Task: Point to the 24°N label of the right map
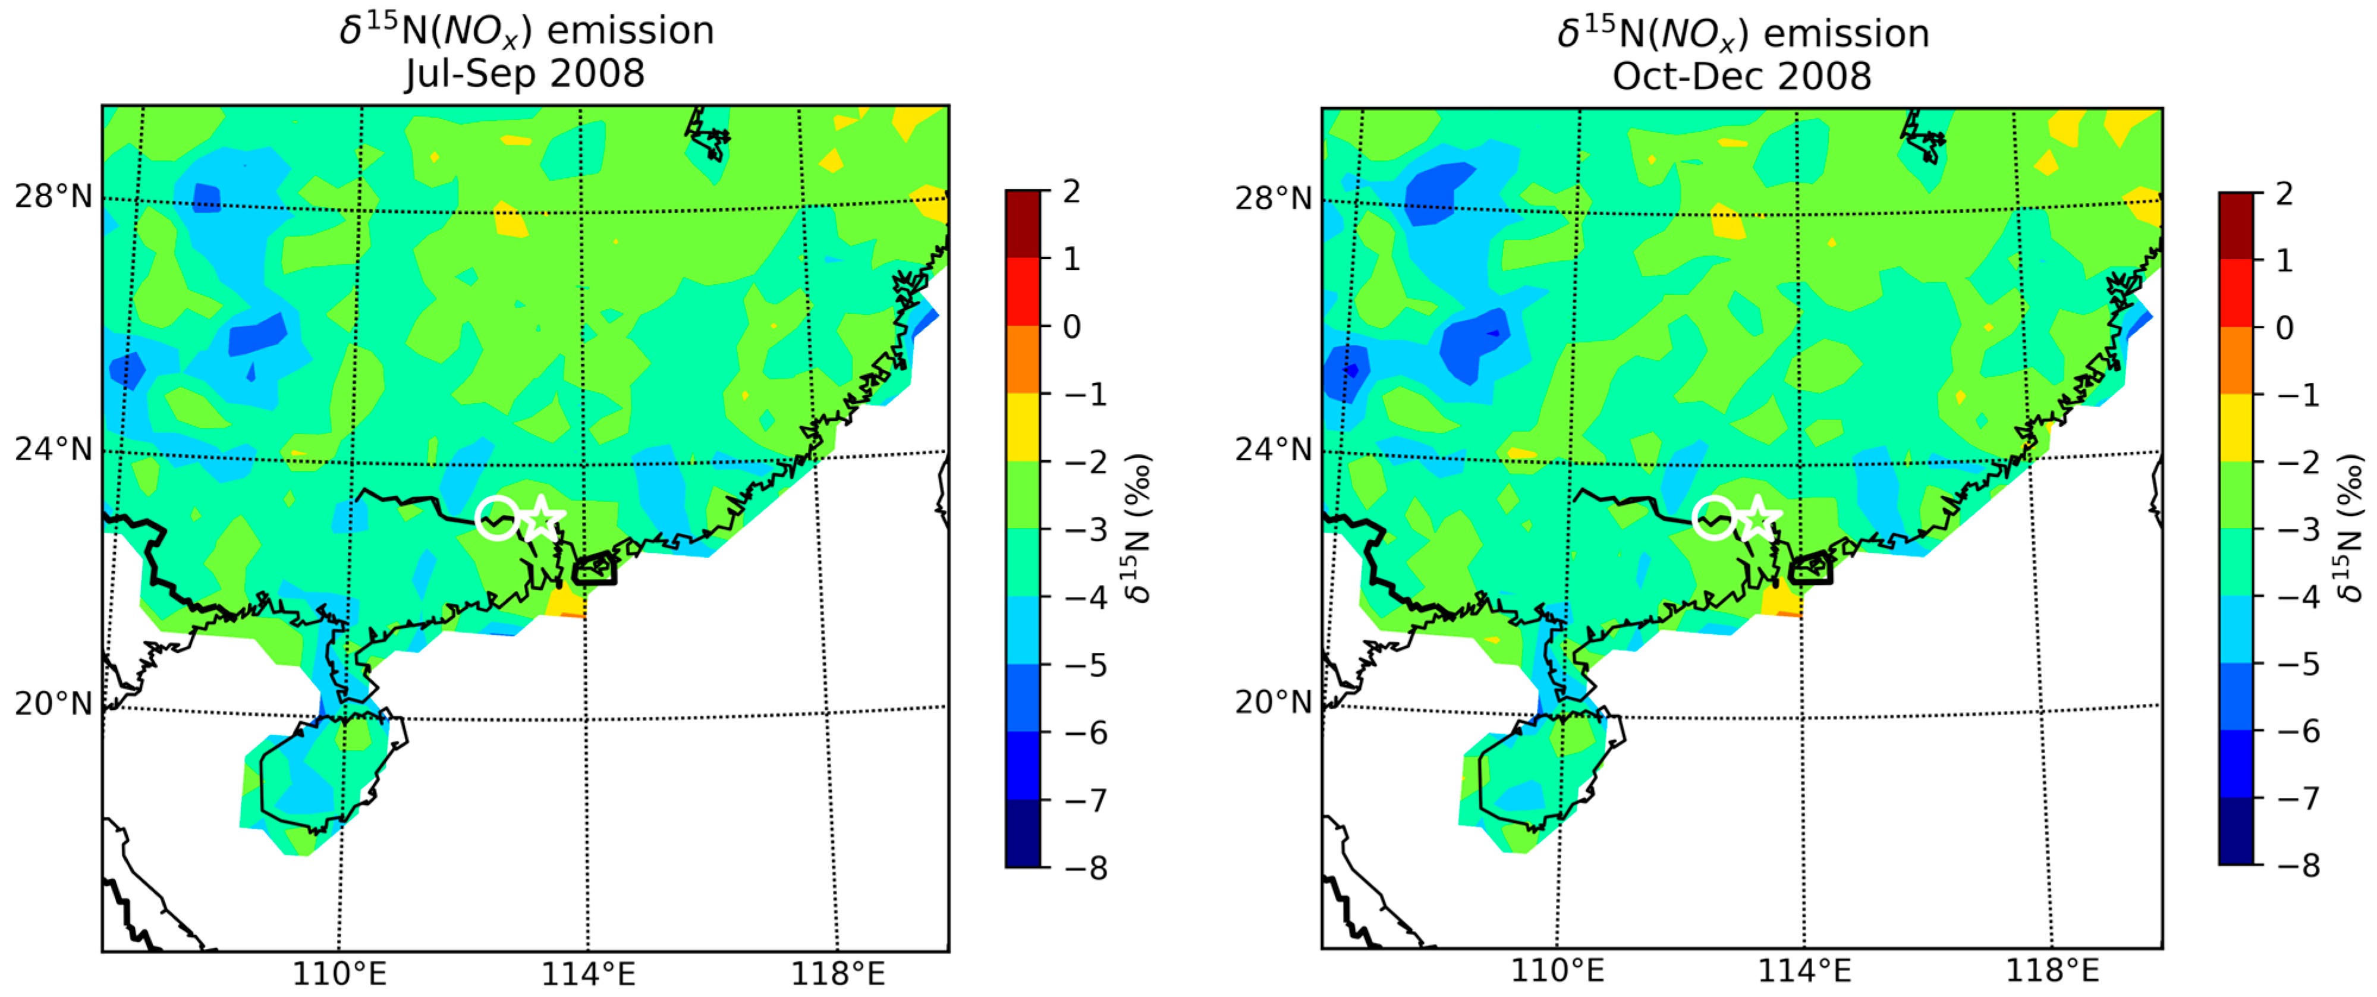click(1274, 449)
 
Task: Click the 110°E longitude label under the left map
click(339, 973)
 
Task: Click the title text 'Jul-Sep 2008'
click(524, 74)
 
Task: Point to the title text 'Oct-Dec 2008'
click(1742, 76)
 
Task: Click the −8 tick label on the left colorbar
click(1086, 868)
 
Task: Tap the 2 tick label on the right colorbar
click(2284, 194)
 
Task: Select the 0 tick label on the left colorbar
click(1071, 326)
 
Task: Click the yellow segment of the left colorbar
click(1023, 427)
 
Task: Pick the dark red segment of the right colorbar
click(2236, 226)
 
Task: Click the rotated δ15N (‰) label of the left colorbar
click(1140, 527)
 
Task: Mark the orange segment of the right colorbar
click(2236, 361)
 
